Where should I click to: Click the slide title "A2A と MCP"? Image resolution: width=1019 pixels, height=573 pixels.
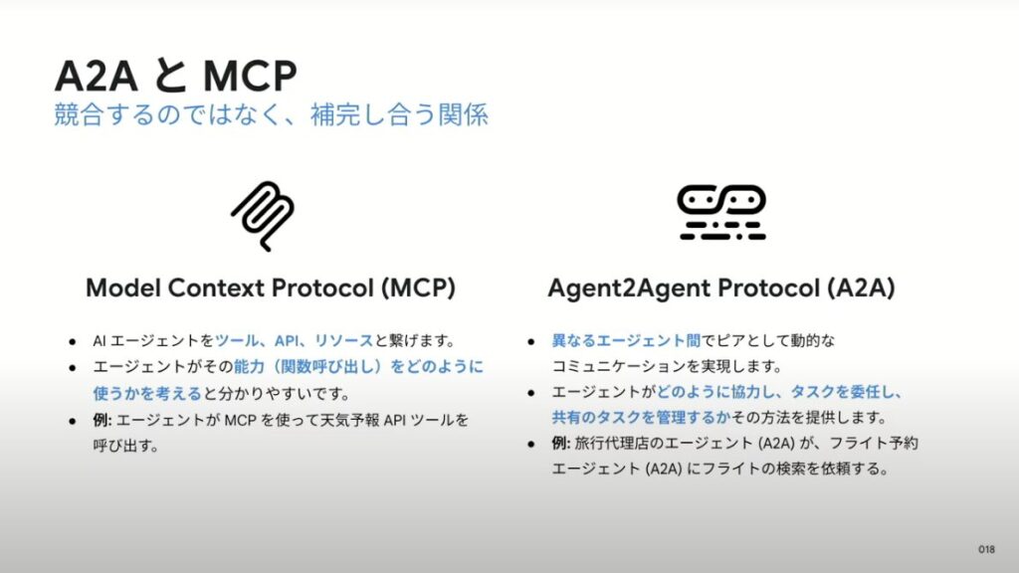tap(175, 76)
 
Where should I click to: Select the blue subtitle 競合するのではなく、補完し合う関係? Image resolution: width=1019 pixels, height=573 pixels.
tap(271, 115)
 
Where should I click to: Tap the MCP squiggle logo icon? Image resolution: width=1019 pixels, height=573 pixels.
tap(263, 216)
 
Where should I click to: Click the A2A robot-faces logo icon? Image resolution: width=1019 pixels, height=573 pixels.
tap(721, 213)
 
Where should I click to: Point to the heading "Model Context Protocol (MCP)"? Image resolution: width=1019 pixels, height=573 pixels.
tap(271, 287)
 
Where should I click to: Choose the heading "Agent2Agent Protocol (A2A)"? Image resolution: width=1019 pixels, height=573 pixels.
tap(721, 287)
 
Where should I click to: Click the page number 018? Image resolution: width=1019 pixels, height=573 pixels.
tap(986, 549)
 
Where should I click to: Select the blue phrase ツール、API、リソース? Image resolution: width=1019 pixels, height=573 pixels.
tap(295, 340)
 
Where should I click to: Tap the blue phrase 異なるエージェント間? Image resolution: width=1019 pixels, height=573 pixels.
tap(626, 340)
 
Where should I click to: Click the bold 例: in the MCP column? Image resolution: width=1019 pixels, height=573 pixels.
tap(102, 420)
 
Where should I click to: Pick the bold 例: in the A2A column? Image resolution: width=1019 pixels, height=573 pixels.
tap(561, 443)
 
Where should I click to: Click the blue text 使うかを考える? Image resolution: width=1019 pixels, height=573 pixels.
tap(147, 393)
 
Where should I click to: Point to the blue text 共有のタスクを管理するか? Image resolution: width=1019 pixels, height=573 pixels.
tap(641, 417)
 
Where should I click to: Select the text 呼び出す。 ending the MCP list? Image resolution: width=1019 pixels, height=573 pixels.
tap(126, 446)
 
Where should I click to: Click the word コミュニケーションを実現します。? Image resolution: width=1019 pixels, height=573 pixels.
tap(667, 366)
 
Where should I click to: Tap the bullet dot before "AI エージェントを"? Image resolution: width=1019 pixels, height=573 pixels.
tap(72, 341)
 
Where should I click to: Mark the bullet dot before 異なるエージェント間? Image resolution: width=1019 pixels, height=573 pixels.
tap(531, 341)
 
